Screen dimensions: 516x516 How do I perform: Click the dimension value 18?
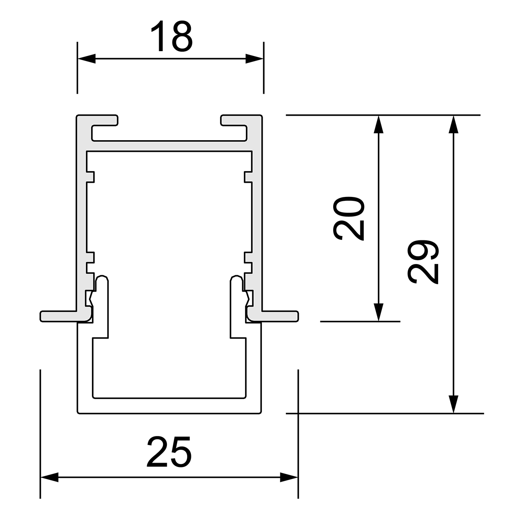point(172,36)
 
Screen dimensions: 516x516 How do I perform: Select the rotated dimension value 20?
point(349,218)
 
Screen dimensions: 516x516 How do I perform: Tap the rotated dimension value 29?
point(423,261)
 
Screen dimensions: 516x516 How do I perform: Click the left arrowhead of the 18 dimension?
point(86,58)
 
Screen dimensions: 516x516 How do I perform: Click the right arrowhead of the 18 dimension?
point(255,58)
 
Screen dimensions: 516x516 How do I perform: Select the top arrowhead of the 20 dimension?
point(378,124)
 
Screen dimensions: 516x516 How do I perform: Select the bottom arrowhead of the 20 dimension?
point(378,312)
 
